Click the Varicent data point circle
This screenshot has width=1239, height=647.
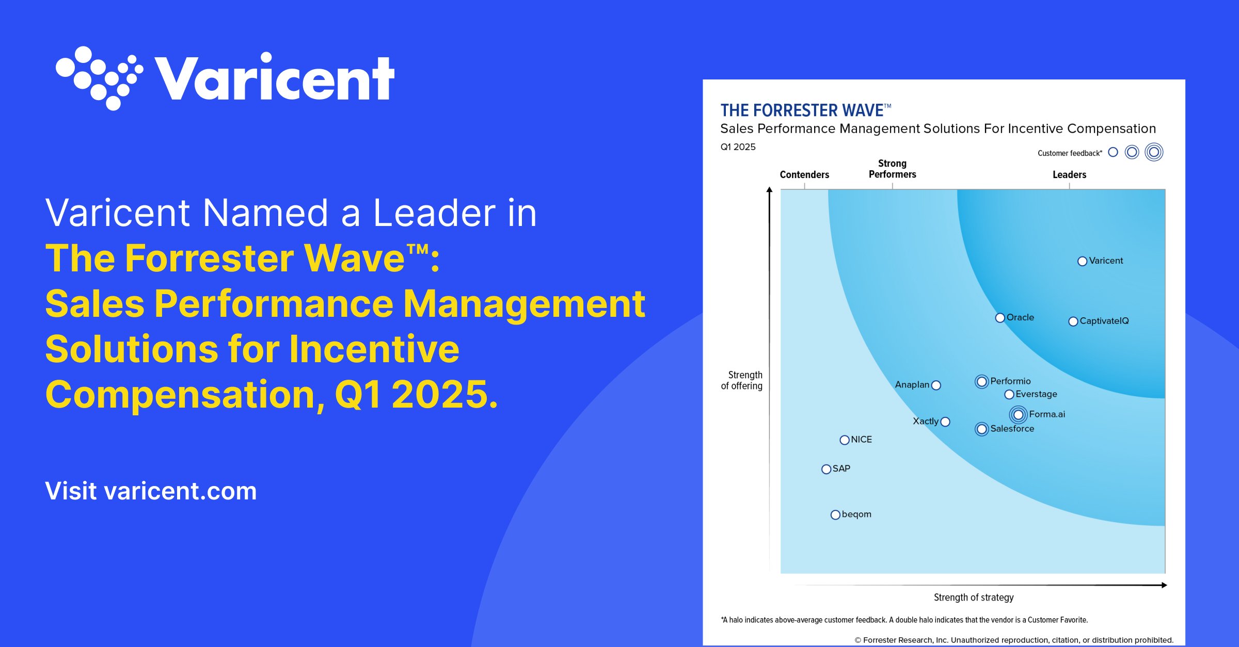click(1083, 262)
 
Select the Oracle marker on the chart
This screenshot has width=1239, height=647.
click(1000, 318)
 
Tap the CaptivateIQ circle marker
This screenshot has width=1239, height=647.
click(1073, 321)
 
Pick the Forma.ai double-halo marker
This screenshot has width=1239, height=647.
click(1019, 415)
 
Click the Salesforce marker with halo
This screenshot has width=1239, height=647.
click(982, 429)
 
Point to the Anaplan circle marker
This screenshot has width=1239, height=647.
click(936, 385)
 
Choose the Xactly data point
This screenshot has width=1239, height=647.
click(945, 422)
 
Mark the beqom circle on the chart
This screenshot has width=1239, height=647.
click(835, 515)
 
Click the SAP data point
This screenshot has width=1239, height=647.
click(826, 469)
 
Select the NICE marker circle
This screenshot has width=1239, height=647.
click(845, 440)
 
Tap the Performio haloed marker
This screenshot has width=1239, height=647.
click(982, 382)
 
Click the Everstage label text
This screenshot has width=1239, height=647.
click(1036, 394)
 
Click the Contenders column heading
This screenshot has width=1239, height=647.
click(804, 174)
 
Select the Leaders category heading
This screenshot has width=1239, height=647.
click(1069, 174)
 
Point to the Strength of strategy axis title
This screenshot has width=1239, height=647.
click(974, 597)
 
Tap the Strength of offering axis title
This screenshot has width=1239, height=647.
click(742, 380)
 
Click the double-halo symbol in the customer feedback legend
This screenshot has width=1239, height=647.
click(1154, 152)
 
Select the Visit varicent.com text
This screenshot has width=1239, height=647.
click(151, 491)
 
